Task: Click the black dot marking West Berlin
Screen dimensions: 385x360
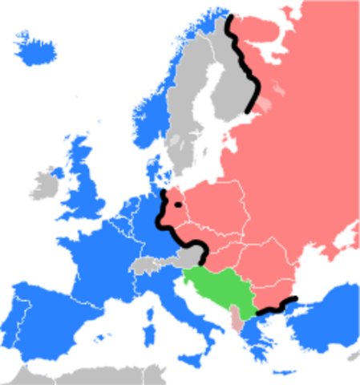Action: (177, 205)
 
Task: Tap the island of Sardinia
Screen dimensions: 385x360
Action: (148, 330)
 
